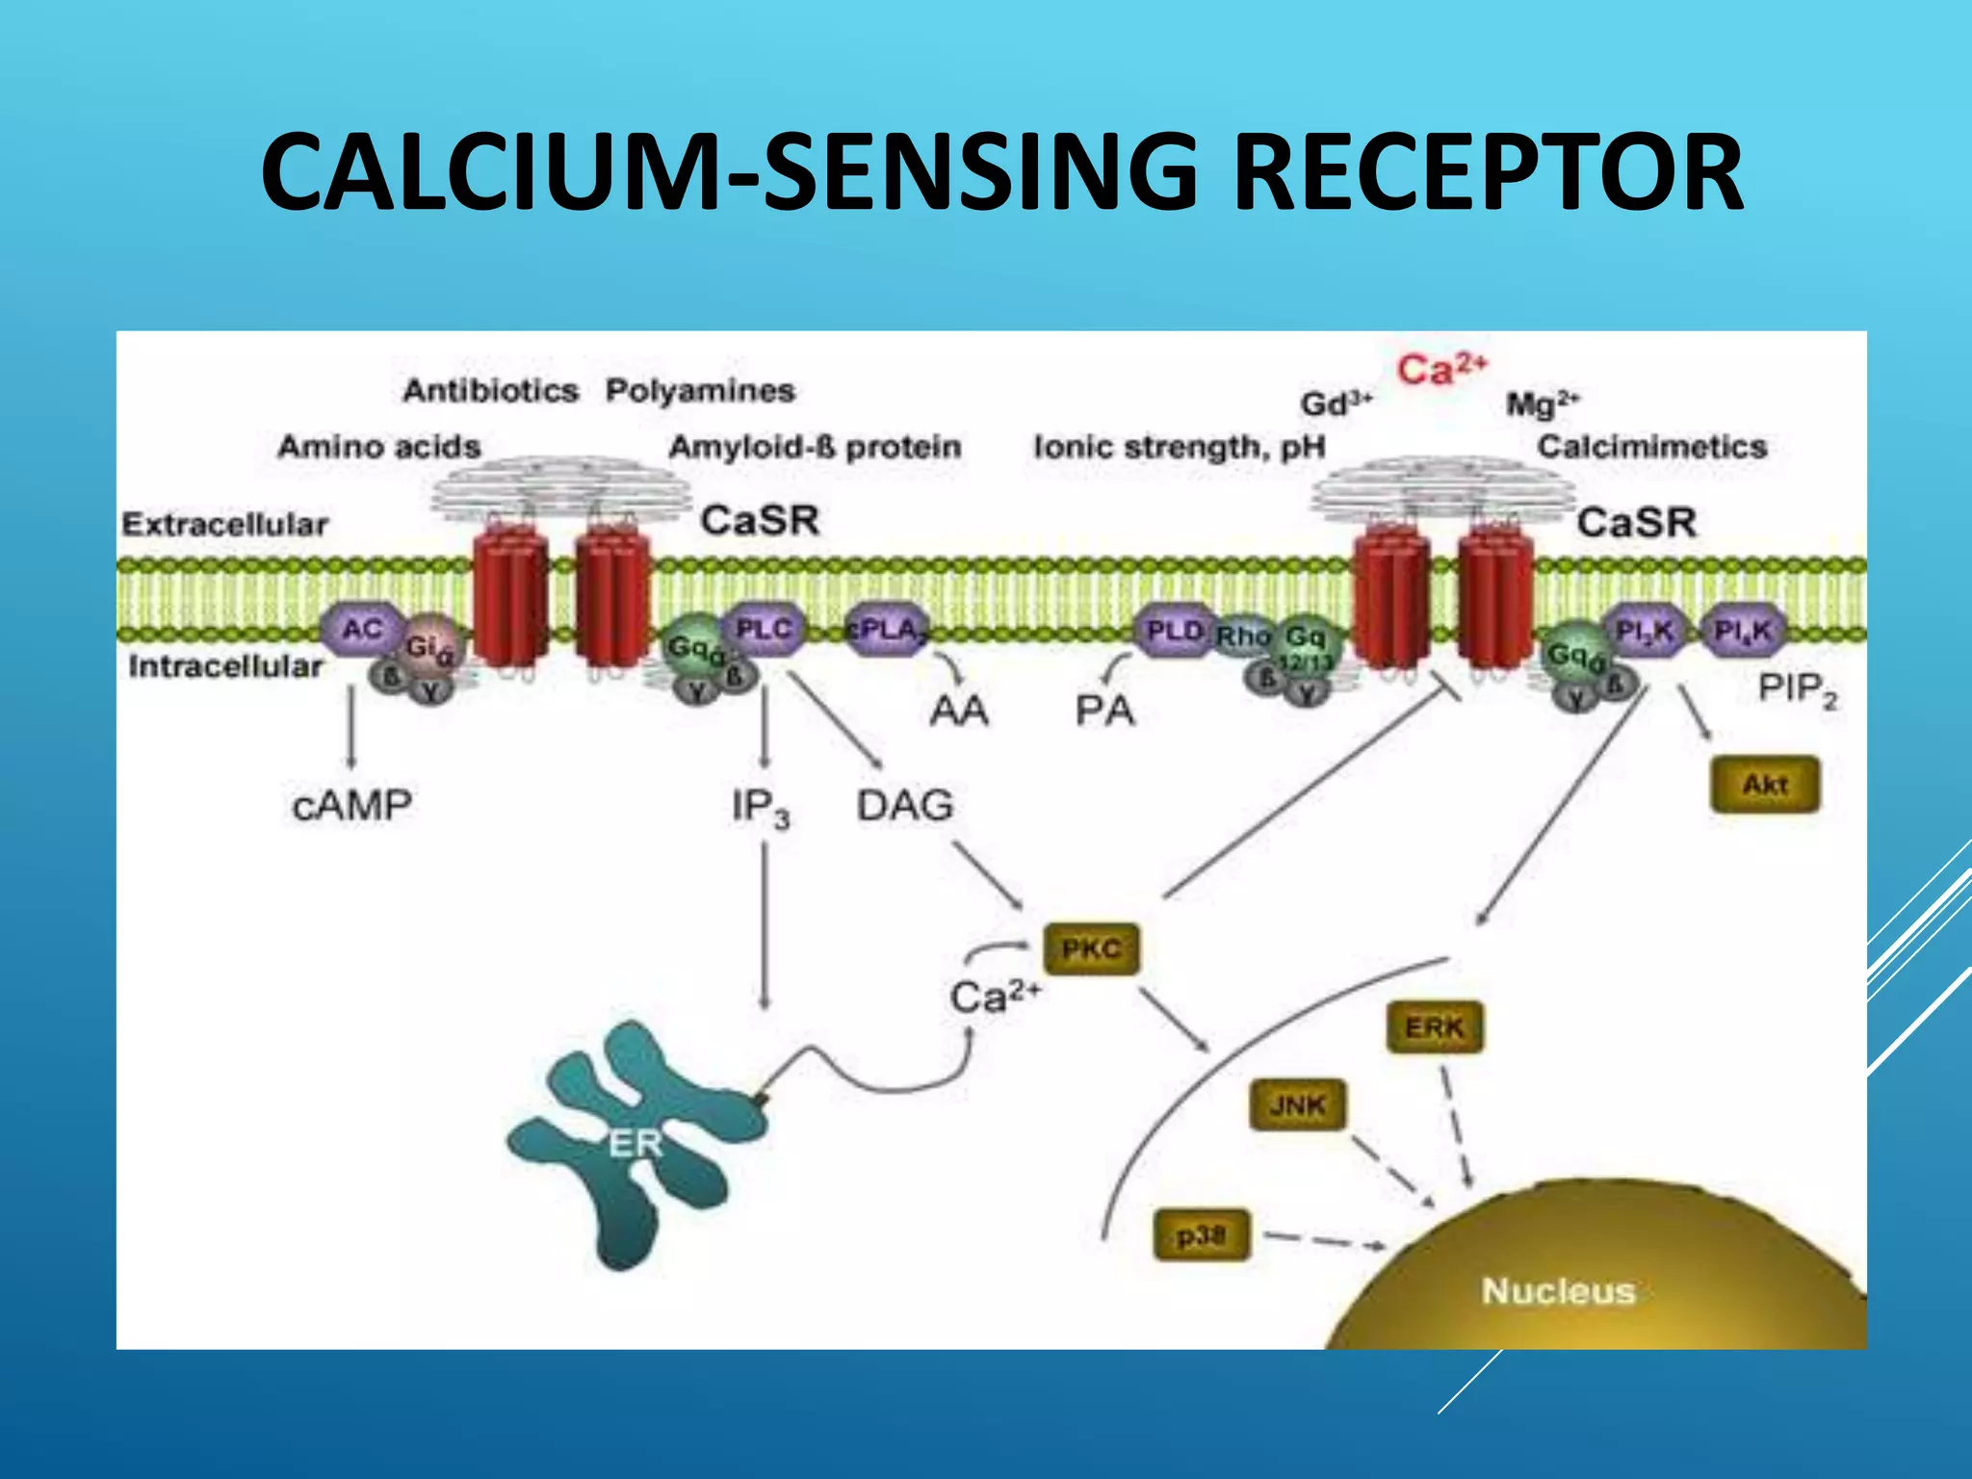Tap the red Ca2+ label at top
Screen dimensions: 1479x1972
(x=1441, y=370)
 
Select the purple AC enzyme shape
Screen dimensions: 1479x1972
(x=363, y=630)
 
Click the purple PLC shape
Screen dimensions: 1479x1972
(x=763, y=630)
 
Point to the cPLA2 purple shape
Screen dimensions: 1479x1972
(x=887, y=631)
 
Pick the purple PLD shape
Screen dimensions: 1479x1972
(x=1174, y=632)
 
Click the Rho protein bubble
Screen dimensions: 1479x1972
(x=1242, y=636)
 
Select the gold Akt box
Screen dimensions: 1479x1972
(x=1764, y=785)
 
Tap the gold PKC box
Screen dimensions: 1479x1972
(x=1091, y=949)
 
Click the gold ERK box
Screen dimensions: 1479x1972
(x=1434, y=1027)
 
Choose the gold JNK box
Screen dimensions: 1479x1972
(x=1297, y=1104)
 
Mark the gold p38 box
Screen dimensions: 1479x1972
(x=1201, y=1234)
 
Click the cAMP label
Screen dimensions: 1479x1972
(x=352, y=805)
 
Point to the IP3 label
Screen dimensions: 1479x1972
(x=761, y=807)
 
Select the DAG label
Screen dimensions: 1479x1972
(x=905, y=805)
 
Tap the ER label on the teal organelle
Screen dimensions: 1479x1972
(x=636, y=1144)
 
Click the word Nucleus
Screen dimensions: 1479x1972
(x=1558, y=1290)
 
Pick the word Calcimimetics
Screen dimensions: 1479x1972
(x=1651, y=447)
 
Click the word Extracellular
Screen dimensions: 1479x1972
(x=224, y=525)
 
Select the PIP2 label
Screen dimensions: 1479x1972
(x=1797, y=689)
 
